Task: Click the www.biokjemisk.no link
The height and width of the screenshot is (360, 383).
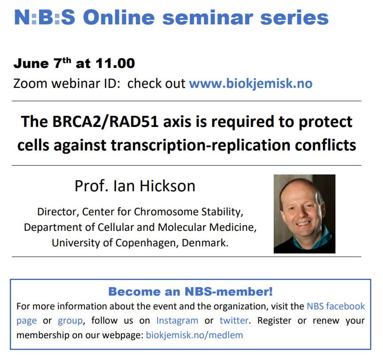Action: (251, 84)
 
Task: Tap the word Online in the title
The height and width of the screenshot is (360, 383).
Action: (119, 18)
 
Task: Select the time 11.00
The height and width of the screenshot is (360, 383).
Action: (115, 63)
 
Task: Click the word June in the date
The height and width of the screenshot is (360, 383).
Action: (31, 63)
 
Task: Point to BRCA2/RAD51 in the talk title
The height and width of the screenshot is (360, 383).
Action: (106, 122)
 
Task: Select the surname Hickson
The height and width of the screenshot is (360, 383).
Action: (168, 186)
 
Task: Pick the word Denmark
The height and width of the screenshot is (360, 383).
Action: (205, 243)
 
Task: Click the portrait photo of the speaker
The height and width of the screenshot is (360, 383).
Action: (304, 214)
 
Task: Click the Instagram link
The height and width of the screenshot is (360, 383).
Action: (177, 320)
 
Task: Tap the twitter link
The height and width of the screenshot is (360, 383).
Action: (234, 320)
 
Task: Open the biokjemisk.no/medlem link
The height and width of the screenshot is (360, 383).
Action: (195, 335)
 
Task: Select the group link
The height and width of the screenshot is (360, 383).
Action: (70, 321)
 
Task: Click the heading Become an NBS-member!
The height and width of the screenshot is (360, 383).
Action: (191, 292)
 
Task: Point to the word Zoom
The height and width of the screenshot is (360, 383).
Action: (30, 84)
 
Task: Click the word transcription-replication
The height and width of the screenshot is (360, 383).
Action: (200, 146)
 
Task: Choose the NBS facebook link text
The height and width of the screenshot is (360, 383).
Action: (336, 306)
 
